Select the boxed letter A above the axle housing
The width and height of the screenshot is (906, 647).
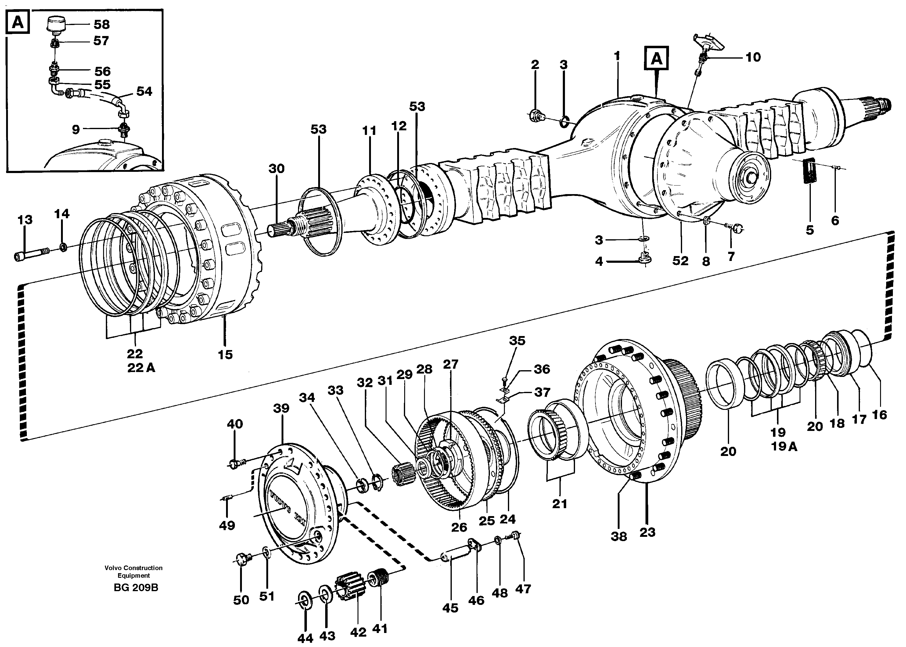tap(656, 59)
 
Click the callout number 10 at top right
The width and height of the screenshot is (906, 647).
tap(753, 57)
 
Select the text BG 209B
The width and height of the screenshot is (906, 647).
tap(136, 587)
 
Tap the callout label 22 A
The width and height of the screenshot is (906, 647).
tap(141, 368)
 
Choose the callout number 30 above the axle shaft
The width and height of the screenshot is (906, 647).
tap(276, 168)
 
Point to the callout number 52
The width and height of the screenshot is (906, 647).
tap(680, 261)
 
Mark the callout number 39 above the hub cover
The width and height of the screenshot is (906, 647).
tap(281, 408)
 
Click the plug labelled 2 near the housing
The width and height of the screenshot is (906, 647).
tap(536, 116)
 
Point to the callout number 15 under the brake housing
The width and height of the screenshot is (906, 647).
tap(225, 354)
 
